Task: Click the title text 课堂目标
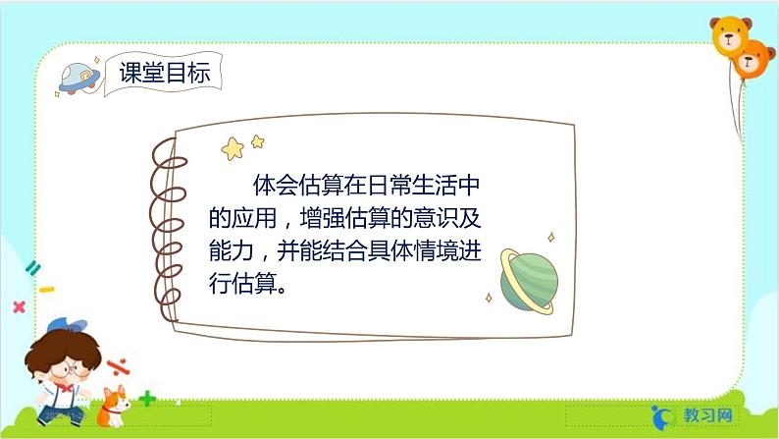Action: tap(164, 73)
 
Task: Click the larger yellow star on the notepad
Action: tap(234, 148)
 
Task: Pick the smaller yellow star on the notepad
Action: tap(257, 141)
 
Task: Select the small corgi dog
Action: tap(115, 405)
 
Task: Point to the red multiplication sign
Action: tap(19, 306)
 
